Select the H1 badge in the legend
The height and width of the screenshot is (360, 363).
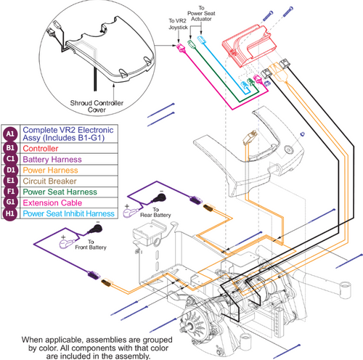pyautogui.click(x=10, y=220)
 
